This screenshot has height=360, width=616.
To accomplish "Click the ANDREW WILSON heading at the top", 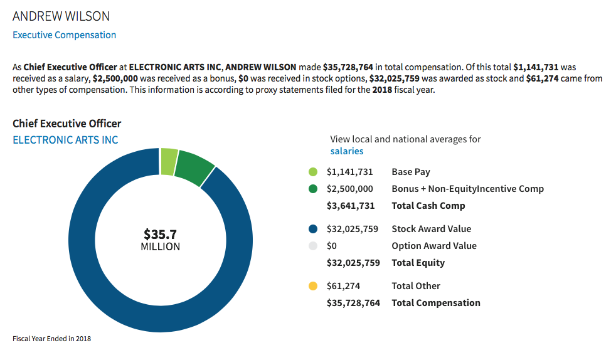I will point(61,16).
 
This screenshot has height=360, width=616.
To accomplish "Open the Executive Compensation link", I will point(64,35).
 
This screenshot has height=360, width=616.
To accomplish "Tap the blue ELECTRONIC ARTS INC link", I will point(65,140).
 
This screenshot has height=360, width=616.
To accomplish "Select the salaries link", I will point(347,151).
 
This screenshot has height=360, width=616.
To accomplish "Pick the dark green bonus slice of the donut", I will point(194,168).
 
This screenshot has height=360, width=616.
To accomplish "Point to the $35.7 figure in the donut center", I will point(160,235).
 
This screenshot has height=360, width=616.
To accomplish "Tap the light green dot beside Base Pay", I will point(313,172).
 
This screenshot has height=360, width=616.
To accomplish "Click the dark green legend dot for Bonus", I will point(313,189).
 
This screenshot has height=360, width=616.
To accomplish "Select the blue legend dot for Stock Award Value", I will point(313,229).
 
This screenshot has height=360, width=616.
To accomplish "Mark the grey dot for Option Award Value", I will point(313,246).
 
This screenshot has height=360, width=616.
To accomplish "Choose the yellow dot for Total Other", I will point(313,286).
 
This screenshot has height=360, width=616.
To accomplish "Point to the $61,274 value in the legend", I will point(344,286).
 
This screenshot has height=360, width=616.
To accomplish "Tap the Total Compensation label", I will point(436,303).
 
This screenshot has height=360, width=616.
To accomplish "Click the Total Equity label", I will point(418,263).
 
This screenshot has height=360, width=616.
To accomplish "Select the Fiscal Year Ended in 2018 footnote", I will point(52,339).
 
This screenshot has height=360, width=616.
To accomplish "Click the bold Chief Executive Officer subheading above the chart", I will point(67,124).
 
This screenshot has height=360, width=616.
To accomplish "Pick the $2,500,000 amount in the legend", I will point(350,189).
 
